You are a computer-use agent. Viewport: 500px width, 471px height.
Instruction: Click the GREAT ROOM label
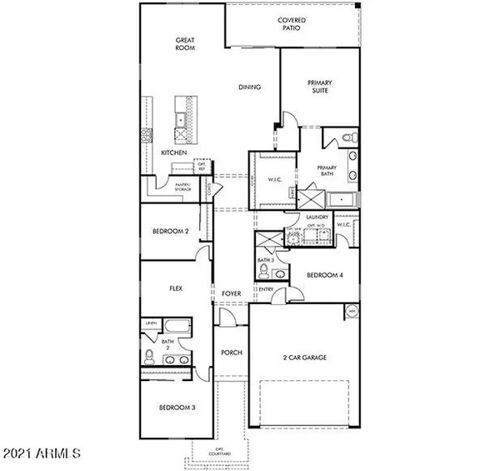(185, 43)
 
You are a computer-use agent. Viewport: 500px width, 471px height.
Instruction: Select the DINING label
(250, 87)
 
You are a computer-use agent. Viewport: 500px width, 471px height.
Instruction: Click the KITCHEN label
(174, 153)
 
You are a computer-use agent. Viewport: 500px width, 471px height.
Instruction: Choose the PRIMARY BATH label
(327, 172)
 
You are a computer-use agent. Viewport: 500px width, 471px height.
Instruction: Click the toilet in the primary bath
(351, 136)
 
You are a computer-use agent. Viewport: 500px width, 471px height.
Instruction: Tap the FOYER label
(231, 294)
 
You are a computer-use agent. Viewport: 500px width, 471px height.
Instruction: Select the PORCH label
(231, 353)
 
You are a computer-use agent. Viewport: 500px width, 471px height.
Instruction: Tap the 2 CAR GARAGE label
(302, 357)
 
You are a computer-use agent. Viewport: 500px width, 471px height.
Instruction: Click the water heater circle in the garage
(351, 312)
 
